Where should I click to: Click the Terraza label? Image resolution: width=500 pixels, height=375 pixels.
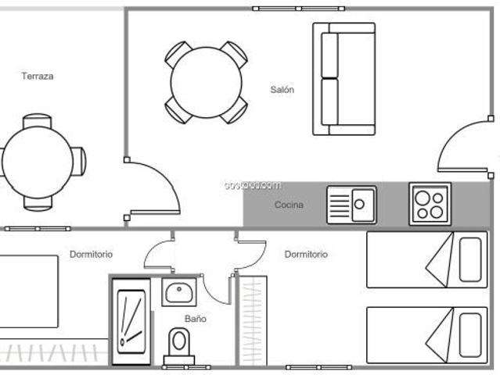pyautogui.click(x=38, y=77)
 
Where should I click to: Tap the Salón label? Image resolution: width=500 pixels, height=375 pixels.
pyautogui.click(x=282, y=90)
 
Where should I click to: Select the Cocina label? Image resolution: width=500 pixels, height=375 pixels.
pyautogui.click(x=289, y=205)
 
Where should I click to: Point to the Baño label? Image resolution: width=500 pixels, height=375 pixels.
pyautogui.click(x=196, y=319)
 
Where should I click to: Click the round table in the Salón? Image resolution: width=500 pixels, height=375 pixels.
pyautogui.click(x=206, y=82)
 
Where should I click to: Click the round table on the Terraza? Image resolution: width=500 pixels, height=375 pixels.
pyautogui.click(x=37, y=162)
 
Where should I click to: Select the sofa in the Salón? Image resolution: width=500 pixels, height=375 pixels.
pyautogui.click(x=344, y=78)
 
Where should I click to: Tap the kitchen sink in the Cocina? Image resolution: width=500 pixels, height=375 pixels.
pyautogui.click(x=351, y=205)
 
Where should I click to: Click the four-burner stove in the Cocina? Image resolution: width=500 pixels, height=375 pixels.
pyautogui.click(x=430, y=204)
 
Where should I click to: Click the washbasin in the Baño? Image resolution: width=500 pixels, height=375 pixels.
pyautogui.click(x=178, y=292)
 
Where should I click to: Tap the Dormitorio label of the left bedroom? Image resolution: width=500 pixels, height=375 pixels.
pyautogui.click(x=91, y=254)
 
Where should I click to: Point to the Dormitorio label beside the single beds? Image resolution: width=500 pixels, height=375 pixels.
pyautogui.click(x=306, y=254)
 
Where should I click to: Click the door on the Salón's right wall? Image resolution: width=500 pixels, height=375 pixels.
pyautogui.click(x=466, y=145)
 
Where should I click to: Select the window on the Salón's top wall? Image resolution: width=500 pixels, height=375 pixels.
pyautogui.click(x=298, y=8)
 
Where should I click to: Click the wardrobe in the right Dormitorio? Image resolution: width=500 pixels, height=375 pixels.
pyautogui.click(x=253, y=320)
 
